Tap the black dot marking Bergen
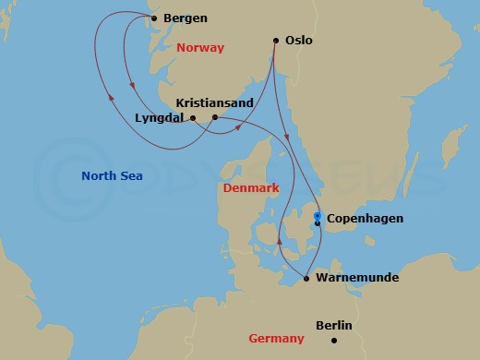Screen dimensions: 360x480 pyautogui.click(x=153, y=18)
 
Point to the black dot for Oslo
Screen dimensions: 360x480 pyautogui.click(x=276, y=40)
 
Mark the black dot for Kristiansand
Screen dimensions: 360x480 pyautogui.click(x=215, y=117)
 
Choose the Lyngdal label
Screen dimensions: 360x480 pyautogui.click(x=159, y=118)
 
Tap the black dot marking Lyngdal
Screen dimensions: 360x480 pyautogui.click(x=193, y=118)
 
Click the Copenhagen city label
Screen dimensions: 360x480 pyautogui.click(x=365, y=220)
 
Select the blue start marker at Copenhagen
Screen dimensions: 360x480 pyautogui.click(x=317, y=215)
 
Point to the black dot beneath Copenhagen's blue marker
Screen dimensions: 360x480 pyautogui.click(x=317, y=223)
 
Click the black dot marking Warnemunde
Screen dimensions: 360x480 pyautogui.click(x=306, y=276)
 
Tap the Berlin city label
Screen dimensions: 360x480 pyautogui.click(x=333, y=325)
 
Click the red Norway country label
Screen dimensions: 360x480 pyautogui.click(x=200, y=47)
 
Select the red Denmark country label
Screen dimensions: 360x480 pyautogui.click(x=251, y=188)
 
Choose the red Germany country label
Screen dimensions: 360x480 pyautogui.click(x=276, y=339)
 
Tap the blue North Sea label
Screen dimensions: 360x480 pyautogui.click(x=112, y=176)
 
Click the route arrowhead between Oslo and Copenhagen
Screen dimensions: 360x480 pyautogui.click(x=290, y=139)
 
